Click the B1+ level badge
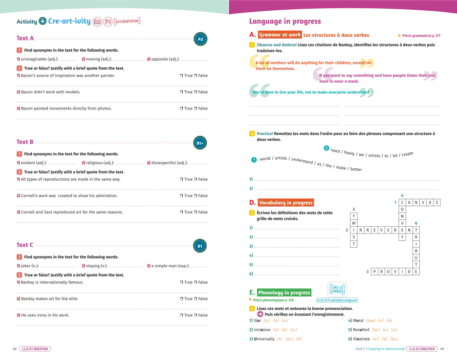(200, 143)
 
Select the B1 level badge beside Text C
(200, 246)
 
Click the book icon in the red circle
(97, 21)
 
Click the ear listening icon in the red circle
(109, 21)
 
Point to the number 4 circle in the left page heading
(43, 21)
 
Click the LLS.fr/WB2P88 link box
(35, 349)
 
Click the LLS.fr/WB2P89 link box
(422, 349)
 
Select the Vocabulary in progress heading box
(285, 202)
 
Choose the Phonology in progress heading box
(284, 293)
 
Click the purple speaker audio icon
(261, 314)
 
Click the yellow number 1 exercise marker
(252, 45)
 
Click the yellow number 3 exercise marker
(252, 212)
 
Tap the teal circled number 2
(326, 148)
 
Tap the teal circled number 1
(254, 160)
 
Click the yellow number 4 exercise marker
(252, 308)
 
